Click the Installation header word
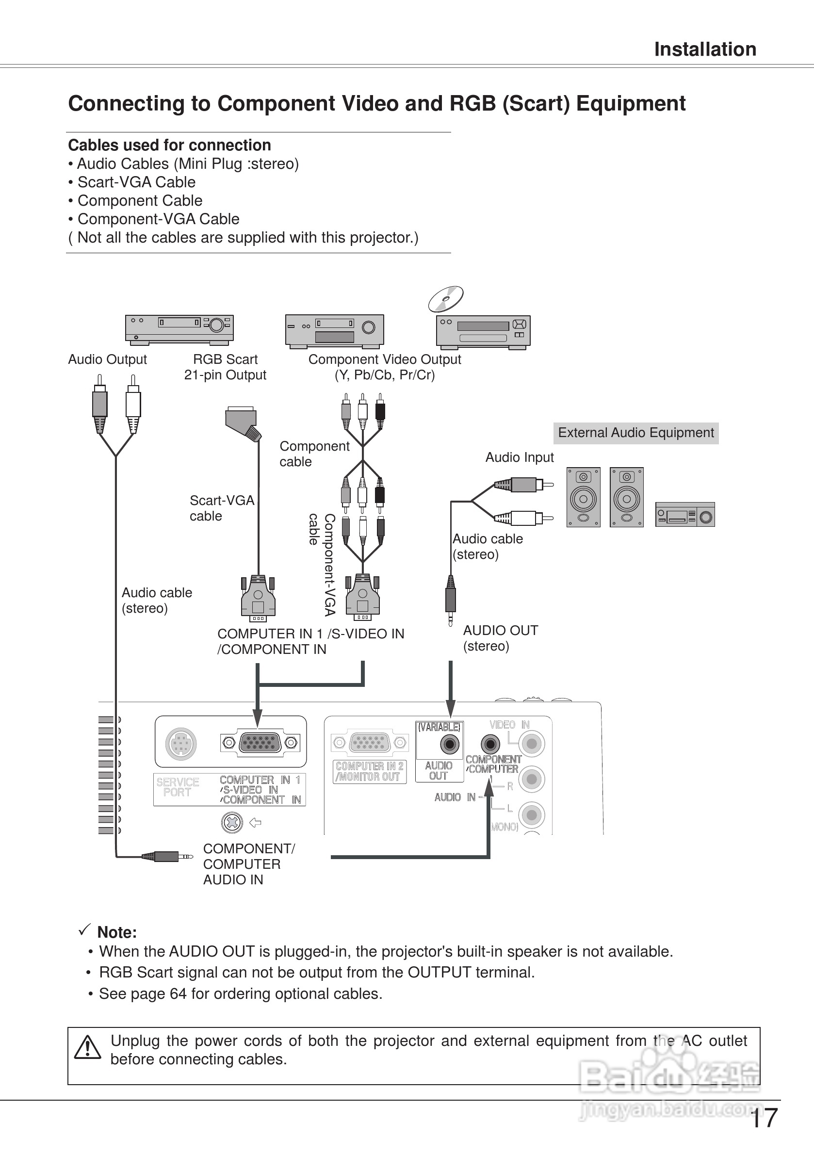[x=705, y=49]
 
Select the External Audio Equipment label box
[x=635, y=433]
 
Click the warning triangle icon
[x=87, y=1047]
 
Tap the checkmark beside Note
[x=84, y=930]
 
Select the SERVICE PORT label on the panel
[x=178, y=787]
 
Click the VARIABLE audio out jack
[x=449, y=744]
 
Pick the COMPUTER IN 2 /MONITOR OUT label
[x=370, y=771]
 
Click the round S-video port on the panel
[x=180, y=743]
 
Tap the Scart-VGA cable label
[x=221, y=508]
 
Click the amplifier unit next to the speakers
[x=684, y=515]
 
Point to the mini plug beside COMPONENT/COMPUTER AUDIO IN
[x=166, y=856]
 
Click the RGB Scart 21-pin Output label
[x=225, y=367]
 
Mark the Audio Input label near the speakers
[x=519, y=457]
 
